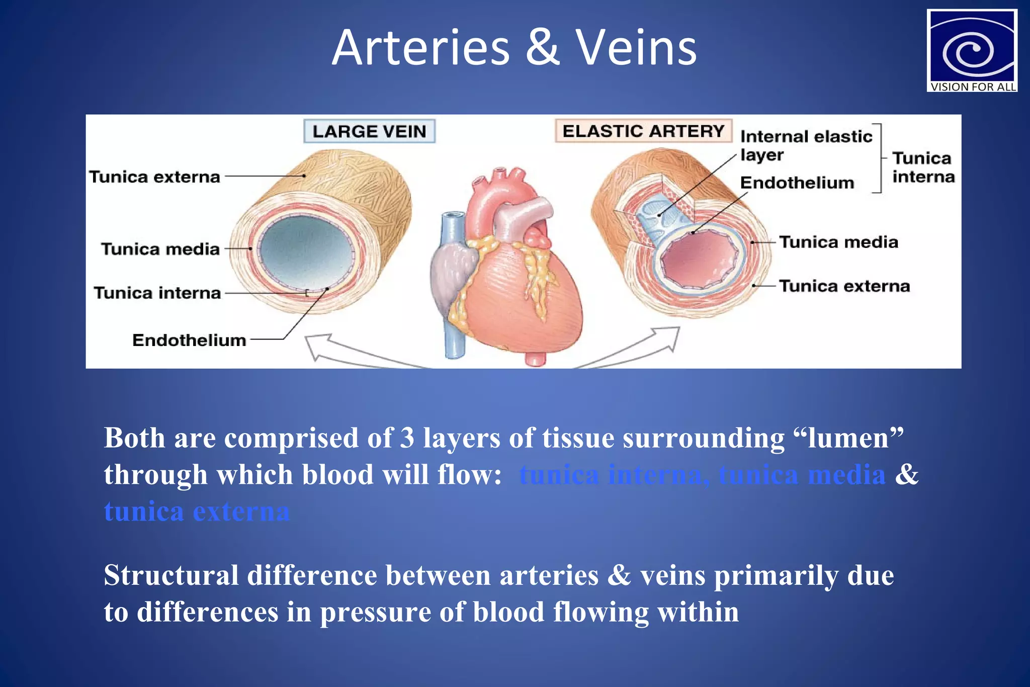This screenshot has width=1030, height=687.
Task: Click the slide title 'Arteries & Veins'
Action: [514, 48]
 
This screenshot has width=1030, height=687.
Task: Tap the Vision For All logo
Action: [972, 51]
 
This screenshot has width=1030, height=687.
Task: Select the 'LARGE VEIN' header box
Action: [369, 131]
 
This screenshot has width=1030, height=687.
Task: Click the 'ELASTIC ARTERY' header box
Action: [643, 131]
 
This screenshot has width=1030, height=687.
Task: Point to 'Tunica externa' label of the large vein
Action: [154, 177]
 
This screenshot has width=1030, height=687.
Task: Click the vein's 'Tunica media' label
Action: [160, 249]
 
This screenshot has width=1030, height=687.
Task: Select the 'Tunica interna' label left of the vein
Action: [157, 293]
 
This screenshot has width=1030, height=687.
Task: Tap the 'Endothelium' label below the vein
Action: [189, 340]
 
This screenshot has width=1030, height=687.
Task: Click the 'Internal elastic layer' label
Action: [806, 145]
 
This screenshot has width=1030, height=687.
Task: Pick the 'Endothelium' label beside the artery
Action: [797, 183]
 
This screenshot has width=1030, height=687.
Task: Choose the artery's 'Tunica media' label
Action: [838, 242]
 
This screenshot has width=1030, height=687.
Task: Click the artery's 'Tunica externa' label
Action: [844, 286]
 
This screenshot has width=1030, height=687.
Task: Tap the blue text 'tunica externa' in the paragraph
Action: [197, 511]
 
